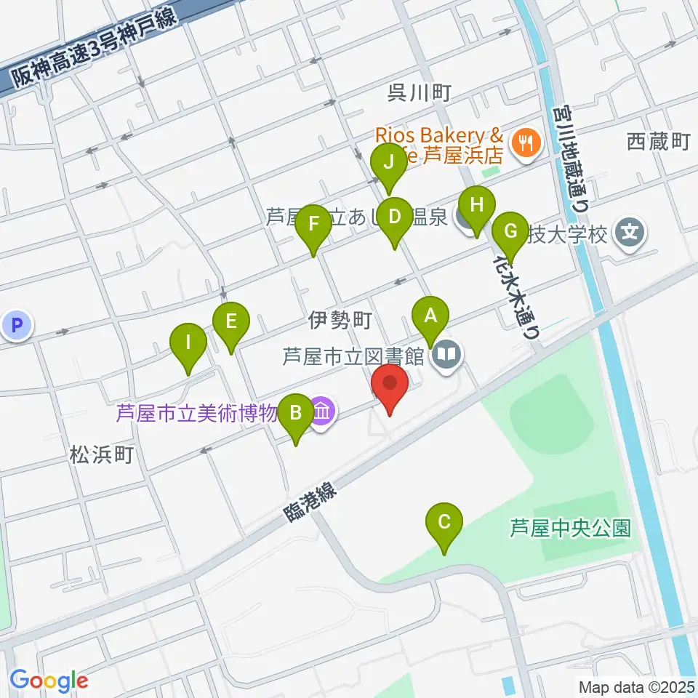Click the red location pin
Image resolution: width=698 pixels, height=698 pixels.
(390, 386)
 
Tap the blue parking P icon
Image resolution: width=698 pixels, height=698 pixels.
(17, 325)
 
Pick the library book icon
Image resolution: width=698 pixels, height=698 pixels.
(447, 355)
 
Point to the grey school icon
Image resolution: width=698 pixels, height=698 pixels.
(630, 233)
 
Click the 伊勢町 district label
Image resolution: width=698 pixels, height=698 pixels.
(340, 318)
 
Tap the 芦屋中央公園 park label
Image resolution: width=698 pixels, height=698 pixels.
(569, 527)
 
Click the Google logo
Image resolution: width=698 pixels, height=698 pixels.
(49, 681)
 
